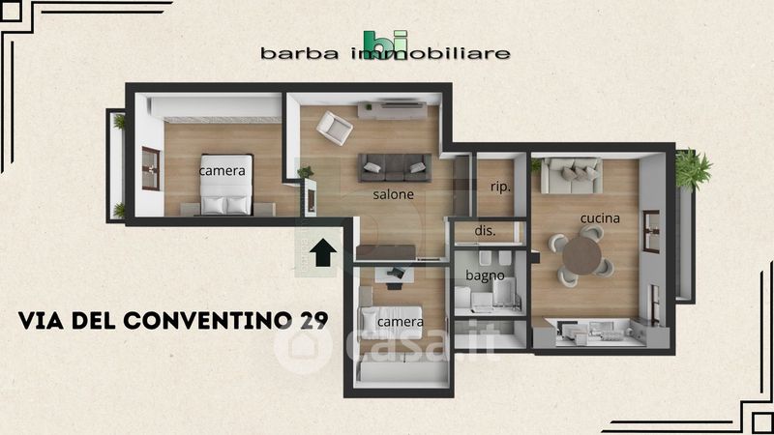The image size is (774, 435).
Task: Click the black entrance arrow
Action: pyautogui.click(x=323, y=252)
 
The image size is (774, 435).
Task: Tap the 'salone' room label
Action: pyautogui.click(x=394, y=194)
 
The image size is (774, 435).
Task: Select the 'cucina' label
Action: pyautogui.click(x=600, y=218)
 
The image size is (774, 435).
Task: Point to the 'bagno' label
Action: pyautogui.click(x=486, y=275)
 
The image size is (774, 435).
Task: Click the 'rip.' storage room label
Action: pyautogui.click(x=500, y=187)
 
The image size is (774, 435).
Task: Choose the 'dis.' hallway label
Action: pyautogui.click(x=486, y=230)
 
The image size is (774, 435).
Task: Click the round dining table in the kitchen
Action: pyautogui.click(x=582, y=255)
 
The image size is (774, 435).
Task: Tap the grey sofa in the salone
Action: pyautogui.click(x=395, y=167)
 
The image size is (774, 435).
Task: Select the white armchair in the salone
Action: pyautogui.click(x=334, y=128)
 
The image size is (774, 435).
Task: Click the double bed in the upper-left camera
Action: pyautogui.click(x=226, y=185)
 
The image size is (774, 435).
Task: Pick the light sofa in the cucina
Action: pyautogui.click(x=572, y=176)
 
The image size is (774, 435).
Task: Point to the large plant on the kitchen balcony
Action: pyautogui.click(x=693, y=168)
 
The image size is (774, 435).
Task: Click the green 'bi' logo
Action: pyautogui.click(x=386, y=42)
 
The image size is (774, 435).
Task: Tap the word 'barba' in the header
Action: pyautogui.click(x=300, y=53)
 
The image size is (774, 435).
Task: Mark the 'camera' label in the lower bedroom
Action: pyautogui.click(x=401, y=322)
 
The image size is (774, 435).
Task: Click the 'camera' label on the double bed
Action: pyautogui.click(x=223, y=171)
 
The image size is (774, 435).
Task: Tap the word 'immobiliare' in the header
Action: pyautogui.click(x=431, y=53)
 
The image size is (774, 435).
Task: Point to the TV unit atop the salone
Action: pyautogui.click(x=393, y=110)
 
